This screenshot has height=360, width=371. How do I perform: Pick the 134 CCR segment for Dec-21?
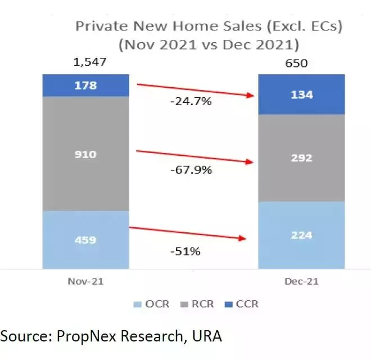coord(301,94)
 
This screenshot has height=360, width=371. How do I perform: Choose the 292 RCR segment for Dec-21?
coord(301,158)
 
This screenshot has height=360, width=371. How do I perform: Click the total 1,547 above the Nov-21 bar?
coord(89,62)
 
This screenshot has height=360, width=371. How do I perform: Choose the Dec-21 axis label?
coord(301,280)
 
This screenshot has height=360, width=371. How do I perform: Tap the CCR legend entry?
coord(242,304)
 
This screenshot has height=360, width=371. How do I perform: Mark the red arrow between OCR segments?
coord(188,233)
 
